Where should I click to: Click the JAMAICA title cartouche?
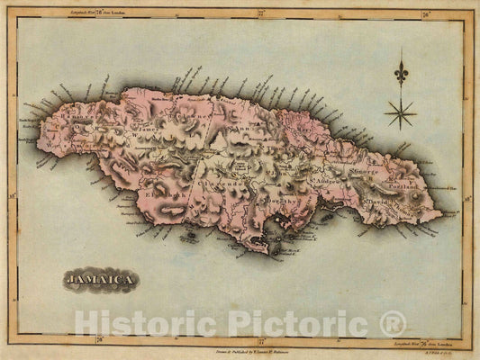click(101, 281)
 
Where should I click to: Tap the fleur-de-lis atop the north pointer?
click(400, 70)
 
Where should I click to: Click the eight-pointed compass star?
click(400, 112)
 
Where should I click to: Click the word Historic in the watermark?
click(140, 323)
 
